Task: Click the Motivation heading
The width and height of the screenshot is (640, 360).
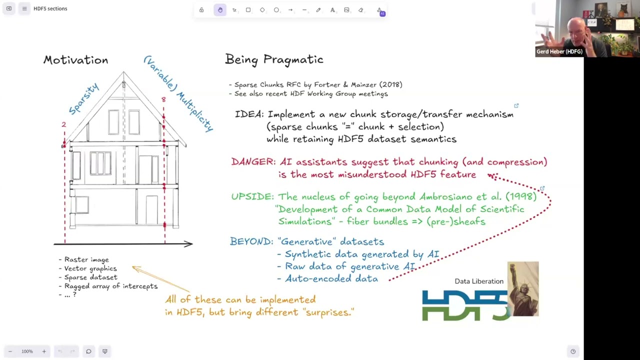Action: pyautogui.click(x=75, y=60)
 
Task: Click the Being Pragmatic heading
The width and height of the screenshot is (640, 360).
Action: pyautogui.click(x=274, y=59)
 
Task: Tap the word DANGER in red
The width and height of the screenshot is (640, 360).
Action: pyautogui.click(x=253, y=162)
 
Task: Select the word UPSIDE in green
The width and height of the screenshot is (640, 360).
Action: pyautogui.click(x=252, y=196)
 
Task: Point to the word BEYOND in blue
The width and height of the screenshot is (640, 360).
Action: pyautogui.click(x=251, y=241)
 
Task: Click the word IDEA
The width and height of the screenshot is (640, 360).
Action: pyautogui.click(x=249, y=114)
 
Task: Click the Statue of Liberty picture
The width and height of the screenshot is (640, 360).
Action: pyautogui.click(x=523, y=288)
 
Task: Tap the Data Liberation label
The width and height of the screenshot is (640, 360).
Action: pyautogui.click(x=478, y=281)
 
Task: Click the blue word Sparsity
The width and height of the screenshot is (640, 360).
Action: pyautogui.click(x=84, y=98)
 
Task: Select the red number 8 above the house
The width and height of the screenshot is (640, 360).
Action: pyautogui.click(x=163, y=100)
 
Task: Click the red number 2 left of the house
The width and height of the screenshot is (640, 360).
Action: pyautogui.click(x=63, y=124)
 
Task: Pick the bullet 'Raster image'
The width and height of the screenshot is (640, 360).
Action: pyautogui.click(x=86, y=259)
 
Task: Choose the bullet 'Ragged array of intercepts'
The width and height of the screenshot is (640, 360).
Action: pyautogui.click(x=110, y=286)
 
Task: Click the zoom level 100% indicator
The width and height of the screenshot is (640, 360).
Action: pyautogui.click(x=27, y=351)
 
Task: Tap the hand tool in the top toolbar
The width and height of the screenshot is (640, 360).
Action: pyautogui.click(x=220, y=10)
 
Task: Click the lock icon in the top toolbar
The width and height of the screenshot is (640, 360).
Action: pyautogui.click(x=201, y=10)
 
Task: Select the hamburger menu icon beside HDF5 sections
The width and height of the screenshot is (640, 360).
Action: pyautogui.click(x=24, y=8)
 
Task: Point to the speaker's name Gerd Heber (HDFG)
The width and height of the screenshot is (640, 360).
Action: pyautogui.click(x=559, y=51)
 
